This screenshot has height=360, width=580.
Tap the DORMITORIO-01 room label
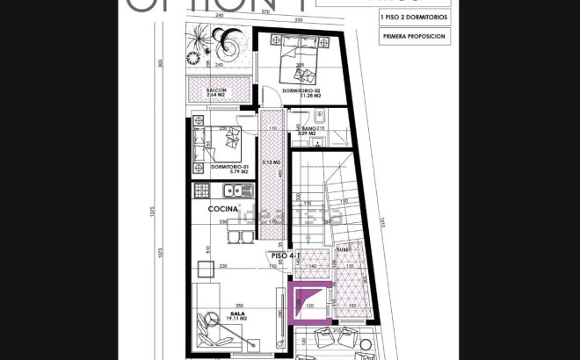coord(216,167)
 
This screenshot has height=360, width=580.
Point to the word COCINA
coord(223,209)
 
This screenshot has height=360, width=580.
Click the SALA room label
coord(236,313)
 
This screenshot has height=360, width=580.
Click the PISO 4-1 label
coord(286,256)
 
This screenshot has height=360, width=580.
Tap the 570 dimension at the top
coord(264,13)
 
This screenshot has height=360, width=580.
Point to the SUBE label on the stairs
coord(342,249)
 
